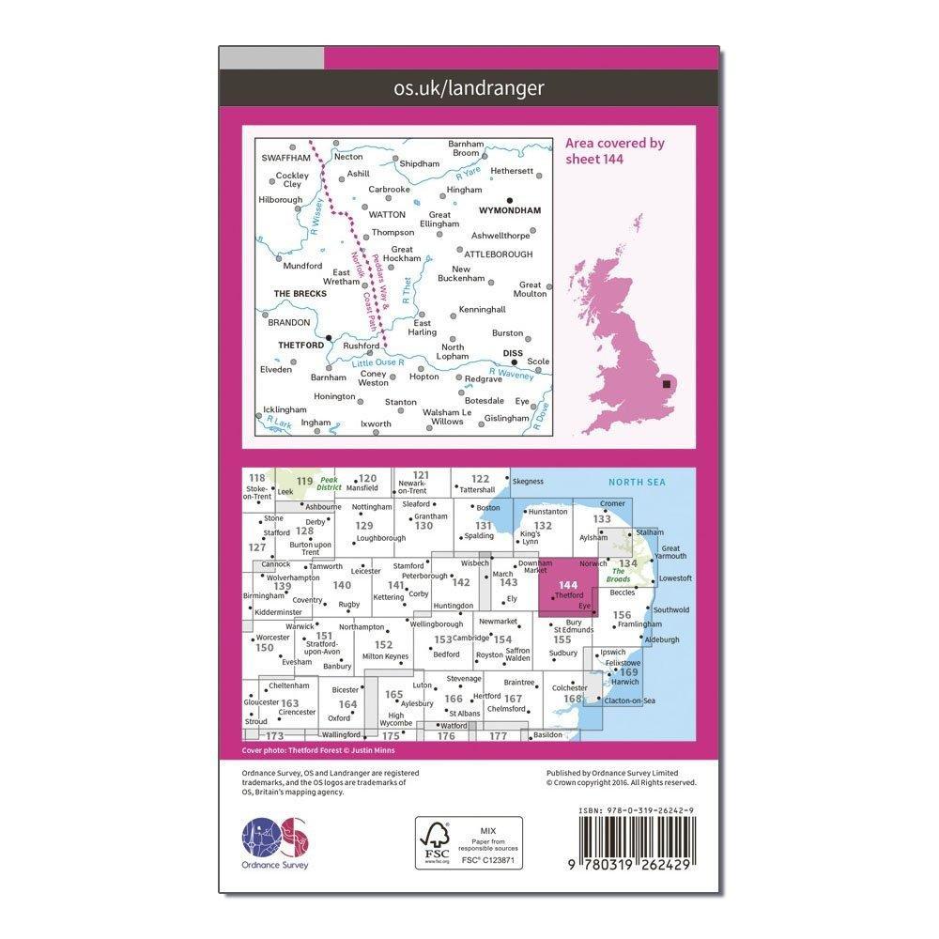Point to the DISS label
[513, 354]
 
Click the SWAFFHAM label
[285, 158]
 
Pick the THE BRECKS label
[300, 294]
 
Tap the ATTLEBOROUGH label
[497, 254]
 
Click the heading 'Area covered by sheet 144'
[614, 150]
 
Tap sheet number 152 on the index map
[383, 645]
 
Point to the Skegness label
[529, 481]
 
